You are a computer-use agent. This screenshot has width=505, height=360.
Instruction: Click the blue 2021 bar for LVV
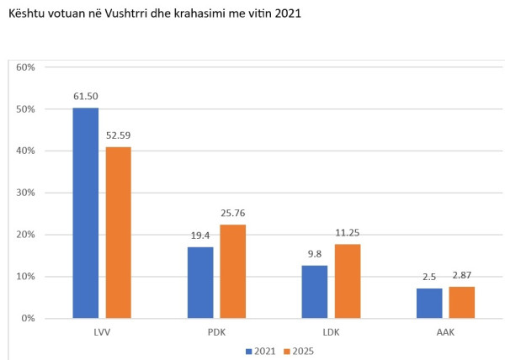point(86,213)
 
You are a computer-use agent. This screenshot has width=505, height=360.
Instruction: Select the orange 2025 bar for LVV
point(118,232)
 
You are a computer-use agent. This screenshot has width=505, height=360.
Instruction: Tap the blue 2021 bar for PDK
point(200,282)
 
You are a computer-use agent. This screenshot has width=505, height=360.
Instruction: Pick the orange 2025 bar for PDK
point(232,271)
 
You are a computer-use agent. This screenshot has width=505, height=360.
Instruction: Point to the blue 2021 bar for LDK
point(315,291)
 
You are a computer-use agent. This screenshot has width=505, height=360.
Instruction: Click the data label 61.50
point(86,97)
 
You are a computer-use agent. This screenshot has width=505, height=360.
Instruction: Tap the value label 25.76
point(232,213)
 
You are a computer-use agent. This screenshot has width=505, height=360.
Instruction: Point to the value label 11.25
point(347,232)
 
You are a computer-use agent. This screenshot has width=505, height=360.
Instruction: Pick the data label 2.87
point(461,276)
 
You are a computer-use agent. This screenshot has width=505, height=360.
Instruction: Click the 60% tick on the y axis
point(25,67)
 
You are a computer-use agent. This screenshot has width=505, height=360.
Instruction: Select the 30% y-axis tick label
point(25,193)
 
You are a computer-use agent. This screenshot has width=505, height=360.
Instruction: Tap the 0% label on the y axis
point(28,318)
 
